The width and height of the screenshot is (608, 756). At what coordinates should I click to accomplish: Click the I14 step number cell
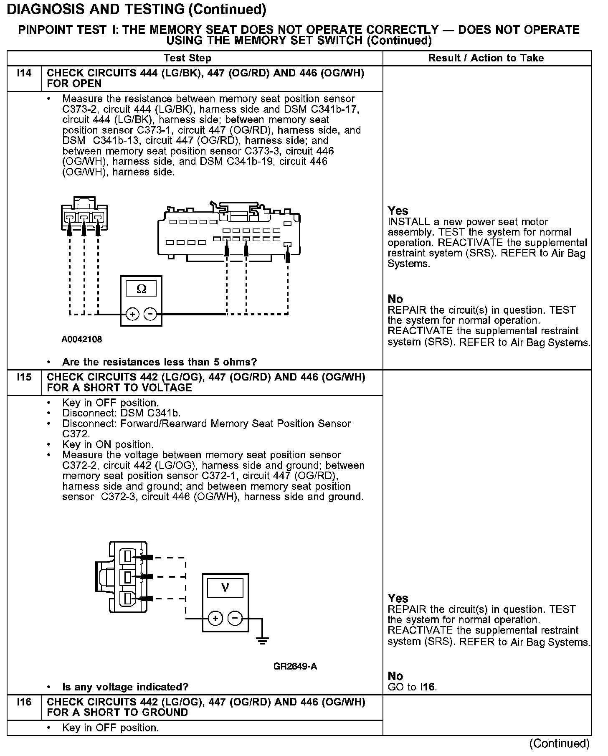[x=24, y=74]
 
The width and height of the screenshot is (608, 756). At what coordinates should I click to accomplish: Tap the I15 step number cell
[x=24, y=377]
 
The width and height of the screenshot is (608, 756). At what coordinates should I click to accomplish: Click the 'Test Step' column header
[x=187, y=58]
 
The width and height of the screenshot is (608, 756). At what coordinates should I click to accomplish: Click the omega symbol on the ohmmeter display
[x=142, y=289]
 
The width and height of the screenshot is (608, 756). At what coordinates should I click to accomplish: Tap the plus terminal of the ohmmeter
[x=132, y=314]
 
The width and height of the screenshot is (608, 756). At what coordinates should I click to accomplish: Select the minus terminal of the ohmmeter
[x=150, y=314]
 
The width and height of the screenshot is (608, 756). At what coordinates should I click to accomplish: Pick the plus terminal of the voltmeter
[x=215, y=618]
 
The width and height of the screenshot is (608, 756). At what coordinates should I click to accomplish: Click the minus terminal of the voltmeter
[x=235, y=618]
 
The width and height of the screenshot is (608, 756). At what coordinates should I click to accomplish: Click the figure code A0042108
[x=82, y=340]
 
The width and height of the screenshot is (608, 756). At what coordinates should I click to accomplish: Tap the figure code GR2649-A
[x=295, y=666]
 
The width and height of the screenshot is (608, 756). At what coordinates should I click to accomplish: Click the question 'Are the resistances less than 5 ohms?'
[x=160, y=362]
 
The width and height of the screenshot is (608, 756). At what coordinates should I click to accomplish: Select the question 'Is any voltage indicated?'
[x=125, y=687]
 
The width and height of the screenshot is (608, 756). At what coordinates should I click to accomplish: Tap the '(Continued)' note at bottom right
[x=559, y=743]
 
